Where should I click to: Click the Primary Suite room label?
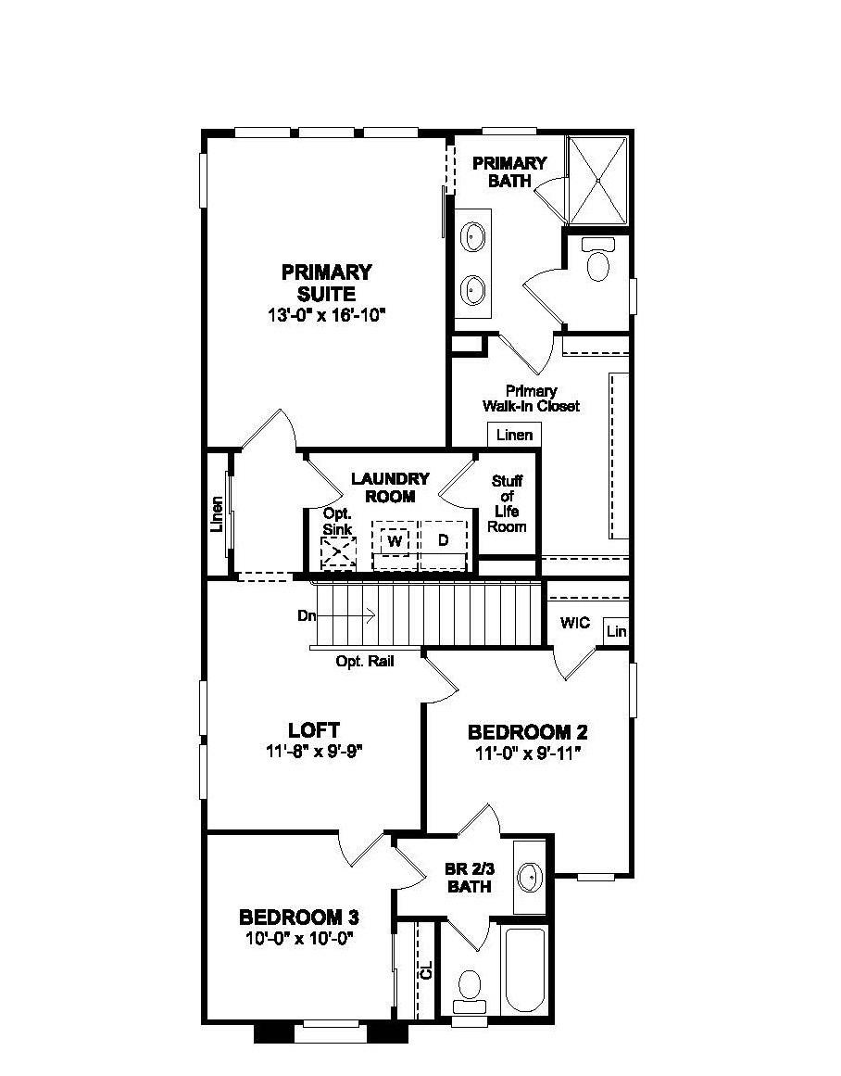point(326,283)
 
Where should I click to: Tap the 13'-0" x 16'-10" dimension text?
point(326,315)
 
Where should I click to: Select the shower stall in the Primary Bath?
point(597,181)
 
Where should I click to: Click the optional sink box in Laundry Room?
point(338,553)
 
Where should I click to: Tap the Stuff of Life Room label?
point(507,503)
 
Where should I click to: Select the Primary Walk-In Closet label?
point(531,399)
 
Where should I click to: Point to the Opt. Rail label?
point(363,662)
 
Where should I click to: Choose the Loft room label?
point(313,729)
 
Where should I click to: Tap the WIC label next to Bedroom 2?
point(574,623)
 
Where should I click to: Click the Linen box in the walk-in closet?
point(514,435)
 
